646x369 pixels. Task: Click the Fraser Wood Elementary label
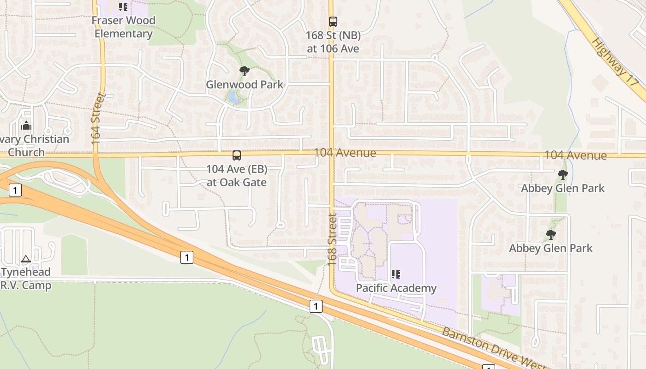(123, 27)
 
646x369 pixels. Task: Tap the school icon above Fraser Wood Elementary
(123, 7)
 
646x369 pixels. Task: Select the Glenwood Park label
(245, 84)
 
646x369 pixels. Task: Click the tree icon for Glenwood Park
(245, 71)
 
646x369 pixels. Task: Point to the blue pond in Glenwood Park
(233, 97)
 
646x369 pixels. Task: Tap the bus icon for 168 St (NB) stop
(333, 21)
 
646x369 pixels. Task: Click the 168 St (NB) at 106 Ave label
(333, 42)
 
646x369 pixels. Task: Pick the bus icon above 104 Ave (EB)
(237, 155)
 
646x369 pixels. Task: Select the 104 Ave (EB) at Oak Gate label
(237, 176)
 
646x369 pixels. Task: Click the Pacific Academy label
(396, 288)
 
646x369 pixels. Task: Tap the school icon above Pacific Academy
(395, 275)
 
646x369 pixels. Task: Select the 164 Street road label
(96, 119)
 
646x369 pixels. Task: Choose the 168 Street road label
(333, 239)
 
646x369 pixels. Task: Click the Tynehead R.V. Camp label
(26, 279)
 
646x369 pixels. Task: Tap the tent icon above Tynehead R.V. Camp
(26, 259)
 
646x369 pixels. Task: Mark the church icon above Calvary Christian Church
(26, 125)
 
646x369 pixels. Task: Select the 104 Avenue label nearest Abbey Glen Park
(575, 155)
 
